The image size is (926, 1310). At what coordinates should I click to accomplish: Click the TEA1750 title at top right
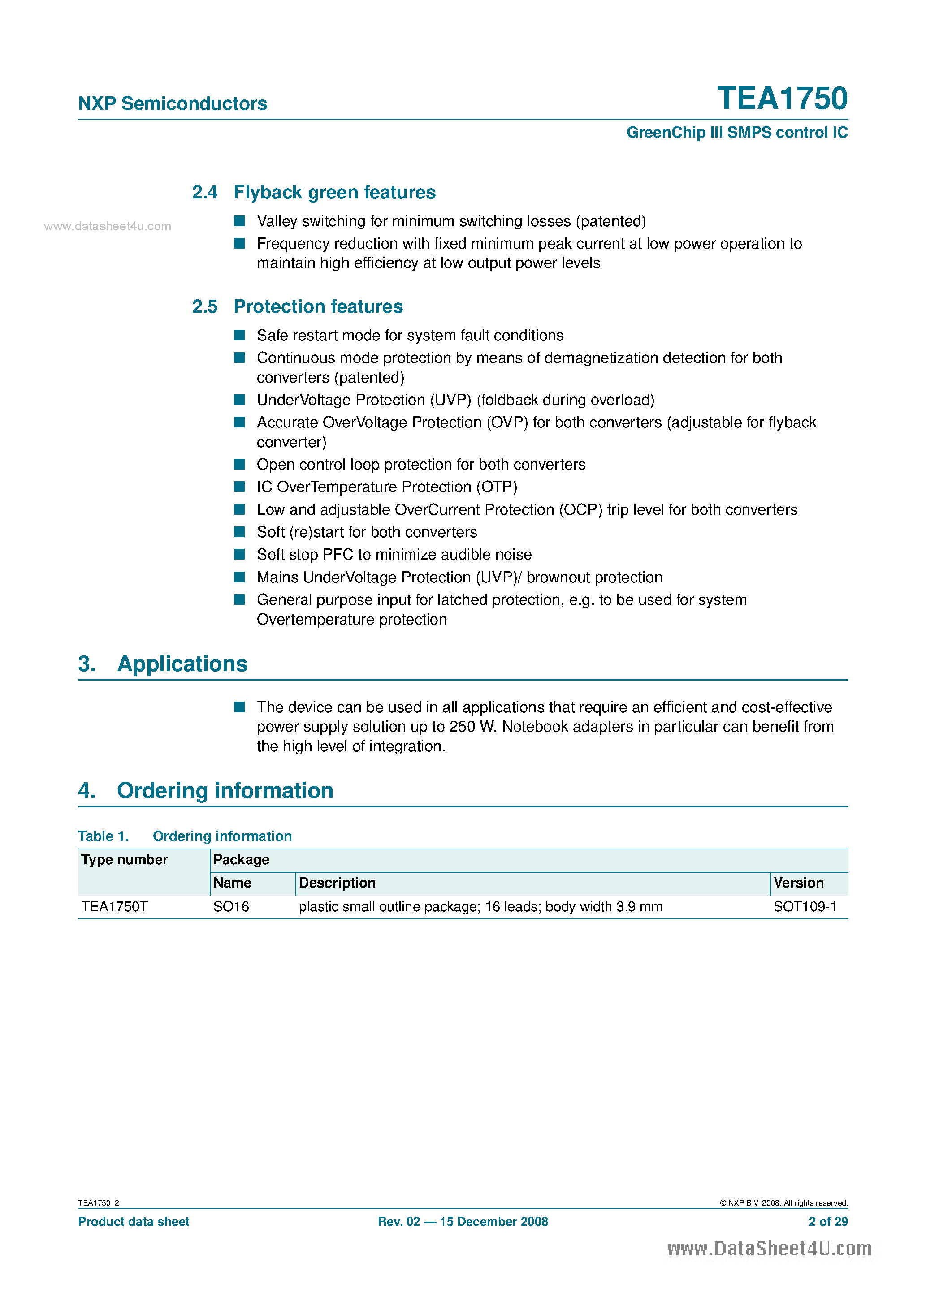coord(782,98)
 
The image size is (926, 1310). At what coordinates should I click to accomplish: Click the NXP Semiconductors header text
coord(173,103)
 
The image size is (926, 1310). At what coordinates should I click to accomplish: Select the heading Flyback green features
coord(334,192)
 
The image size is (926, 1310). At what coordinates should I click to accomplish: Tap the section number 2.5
coord(204,306)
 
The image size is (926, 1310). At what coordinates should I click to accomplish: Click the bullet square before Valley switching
coord(239,221)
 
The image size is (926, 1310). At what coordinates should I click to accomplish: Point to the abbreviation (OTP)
coord(497,487)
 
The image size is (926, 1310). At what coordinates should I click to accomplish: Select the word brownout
coord(558,577)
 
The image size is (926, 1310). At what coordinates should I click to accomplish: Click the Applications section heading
coord(182,664)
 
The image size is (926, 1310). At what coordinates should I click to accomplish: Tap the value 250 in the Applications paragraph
coord(462,726)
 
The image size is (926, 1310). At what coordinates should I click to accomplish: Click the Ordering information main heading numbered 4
coord(225,790)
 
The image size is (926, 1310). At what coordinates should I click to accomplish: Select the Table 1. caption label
coord(104,836)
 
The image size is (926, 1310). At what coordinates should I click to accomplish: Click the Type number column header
coord(125,859)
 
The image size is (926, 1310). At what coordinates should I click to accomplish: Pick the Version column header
coord(798,883)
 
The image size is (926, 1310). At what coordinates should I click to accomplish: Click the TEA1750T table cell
coord(114,907)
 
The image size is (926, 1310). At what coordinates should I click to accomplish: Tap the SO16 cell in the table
coord(231,907)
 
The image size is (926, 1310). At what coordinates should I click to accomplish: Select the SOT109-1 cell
coord(805,907)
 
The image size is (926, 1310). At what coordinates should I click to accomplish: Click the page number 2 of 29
coord(827,1222)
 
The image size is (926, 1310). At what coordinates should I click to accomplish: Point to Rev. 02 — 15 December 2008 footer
coord(463,1222)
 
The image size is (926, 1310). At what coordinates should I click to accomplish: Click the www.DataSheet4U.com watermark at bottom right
coord(769,1249)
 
